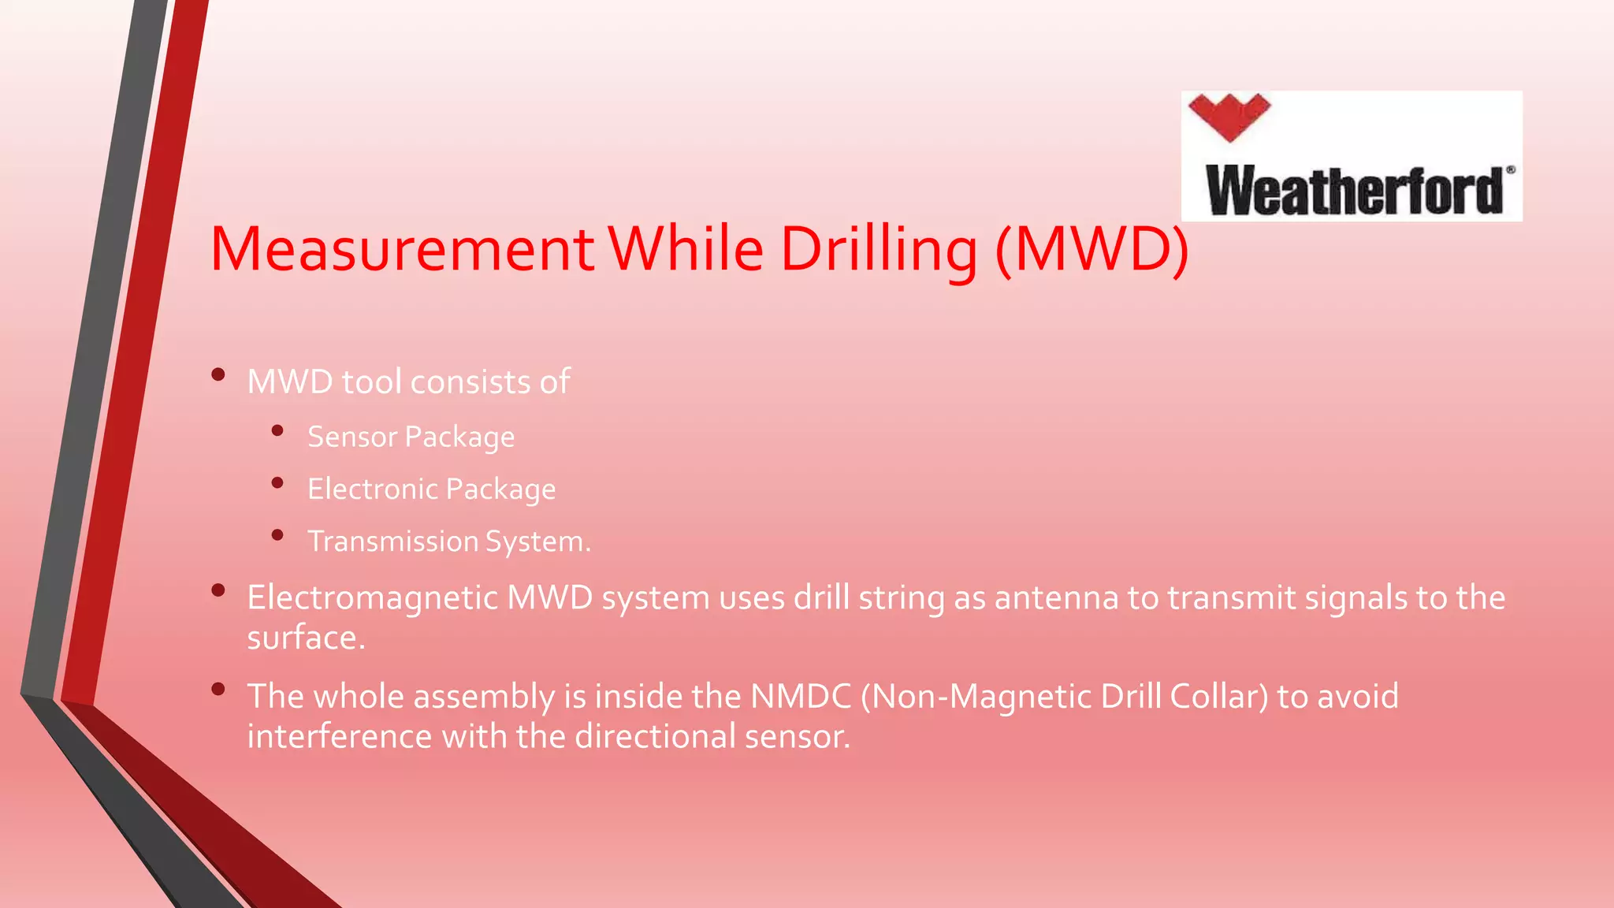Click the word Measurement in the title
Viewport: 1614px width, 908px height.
coord(402,249)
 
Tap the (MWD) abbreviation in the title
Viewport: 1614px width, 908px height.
coord(1092,249)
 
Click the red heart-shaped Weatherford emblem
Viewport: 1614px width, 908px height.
coord(1229,116)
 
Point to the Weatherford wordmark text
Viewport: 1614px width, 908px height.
coord(1354,191)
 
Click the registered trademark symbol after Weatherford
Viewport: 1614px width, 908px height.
coord(1510,169)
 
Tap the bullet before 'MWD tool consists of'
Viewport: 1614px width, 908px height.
coord(218,374)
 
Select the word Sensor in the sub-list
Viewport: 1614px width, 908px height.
coord(351,437)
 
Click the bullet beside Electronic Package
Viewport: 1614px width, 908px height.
coord(277,483)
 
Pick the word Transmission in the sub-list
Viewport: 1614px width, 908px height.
coord(392,541)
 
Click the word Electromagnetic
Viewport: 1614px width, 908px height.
coord(372,598)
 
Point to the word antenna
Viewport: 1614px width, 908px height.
coord(1056,598)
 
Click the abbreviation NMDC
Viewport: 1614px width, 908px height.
coord(801,697)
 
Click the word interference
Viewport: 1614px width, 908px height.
coord(339,737)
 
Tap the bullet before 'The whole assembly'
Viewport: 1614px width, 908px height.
coord(218,690)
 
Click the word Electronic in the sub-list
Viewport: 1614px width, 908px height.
coord(372,489)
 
